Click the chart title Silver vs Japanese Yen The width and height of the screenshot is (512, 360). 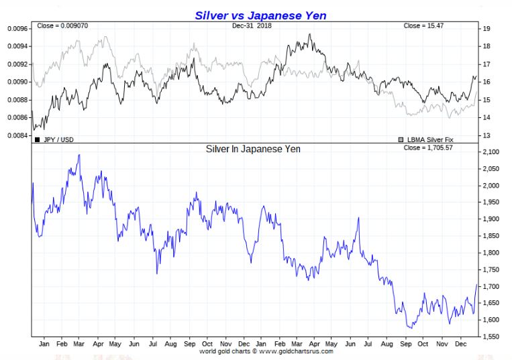(260, 15)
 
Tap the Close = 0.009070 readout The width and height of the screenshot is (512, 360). (59, 26)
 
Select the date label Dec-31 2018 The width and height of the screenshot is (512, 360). (252, 26)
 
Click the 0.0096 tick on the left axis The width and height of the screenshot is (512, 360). (17, 29)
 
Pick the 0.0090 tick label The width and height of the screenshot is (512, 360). (17, 82)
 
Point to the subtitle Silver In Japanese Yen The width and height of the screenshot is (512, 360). (253, 149)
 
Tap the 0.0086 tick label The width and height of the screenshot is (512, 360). (17, 118)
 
